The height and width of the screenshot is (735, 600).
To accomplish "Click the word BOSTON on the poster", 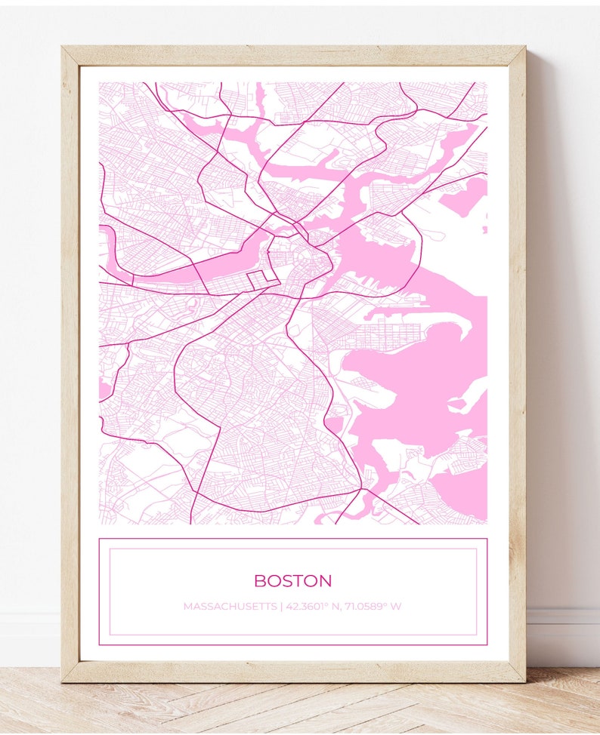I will [x=292, y=581].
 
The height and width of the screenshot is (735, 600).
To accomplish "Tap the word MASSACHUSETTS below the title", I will [x=230, y=607].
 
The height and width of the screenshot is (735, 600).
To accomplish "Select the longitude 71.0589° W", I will [x=373, y=607].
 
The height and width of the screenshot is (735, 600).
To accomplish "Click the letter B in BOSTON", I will [x=259, y=581].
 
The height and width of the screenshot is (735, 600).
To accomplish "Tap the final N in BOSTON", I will [x=326, y=581].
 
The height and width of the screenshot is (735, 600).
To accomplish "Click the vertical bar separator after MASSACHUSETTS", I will [x=281, y=607].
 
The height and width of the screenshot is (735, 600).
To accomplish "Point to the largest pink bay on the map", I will [x=423, y=377].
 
